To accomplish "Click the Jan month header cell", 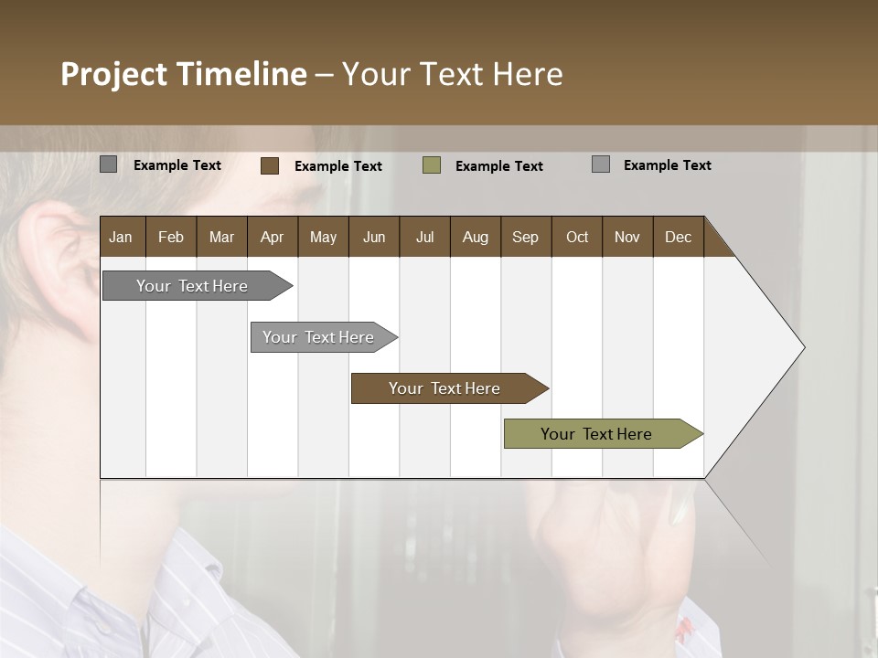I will [x=122, y=237].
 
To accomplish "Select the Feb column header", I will [x=171, y=237].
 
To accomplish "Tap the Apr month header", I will [x=272, y=237].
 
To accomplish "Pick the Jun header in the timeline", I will [x=374, y=237].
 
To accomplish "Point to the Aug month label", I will [x=475, y=237].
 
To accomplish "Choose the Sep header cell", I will [x=525, y=237].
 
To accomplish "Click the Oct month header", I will [x=577, y=237].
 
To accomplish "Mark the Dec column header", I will [x=678, y=237].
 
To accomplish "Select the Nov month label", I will [x=627, y=237].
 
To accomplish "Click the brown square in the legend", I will [x=270, y=165].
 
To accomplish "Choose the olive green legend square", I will [x=432, y=165].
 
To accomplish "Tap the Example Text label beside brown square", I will [x=337, y=166].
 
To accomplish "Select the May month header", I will [x=323, y=237].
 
